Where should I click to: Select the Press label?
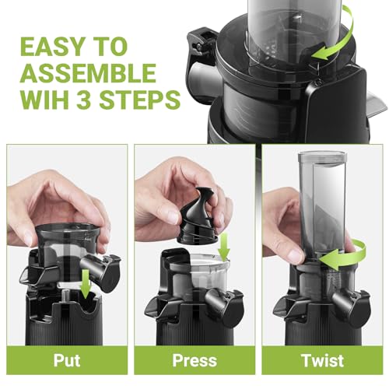194,361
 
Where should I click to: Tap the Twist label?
321,361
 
